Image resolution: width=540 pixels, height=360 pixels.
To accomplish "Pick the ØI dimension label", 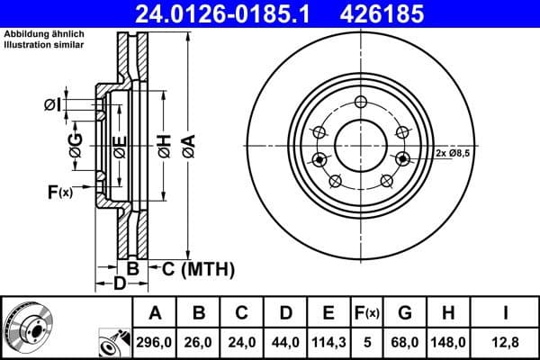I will (x=50, y=106).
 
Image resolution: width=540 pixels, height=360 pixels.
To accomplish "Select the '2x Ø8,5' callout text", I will (x=453, y=153).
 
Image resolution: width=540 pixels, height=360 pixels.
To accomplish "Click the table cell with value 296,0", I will (x=155, y=341).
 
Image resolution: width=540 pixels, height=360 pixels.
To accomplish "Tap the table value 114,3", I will (x=328, y=341).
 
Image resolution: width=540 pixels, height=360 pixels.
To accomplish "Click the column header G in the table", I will (x=405, y=313).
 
